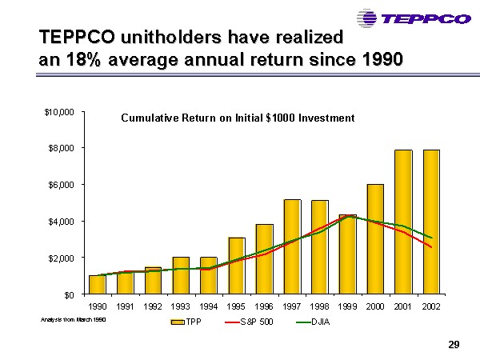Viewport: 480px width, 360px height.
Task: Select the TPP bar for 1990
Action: [x=97, y=285]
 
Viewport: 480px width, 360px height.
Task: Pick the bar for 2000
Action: [x=375, y=239]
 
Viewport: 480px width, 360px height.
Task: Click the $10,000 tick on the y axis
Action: [x=60, y=112]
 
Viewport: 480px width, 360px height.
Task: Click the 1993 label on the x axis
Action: [x=180, y=307]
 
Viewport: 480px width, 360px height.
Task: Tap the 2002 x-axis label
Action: [x=430, y=307]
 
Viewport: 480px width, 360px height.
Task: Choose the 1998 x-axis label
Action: [x=319, y=307]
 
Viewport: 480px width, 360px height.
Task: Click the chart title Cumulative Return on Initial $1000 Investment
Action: [x=237, y=118]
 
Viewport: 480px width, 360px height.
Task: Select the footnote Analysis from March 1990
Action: [x=73, y=320]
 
